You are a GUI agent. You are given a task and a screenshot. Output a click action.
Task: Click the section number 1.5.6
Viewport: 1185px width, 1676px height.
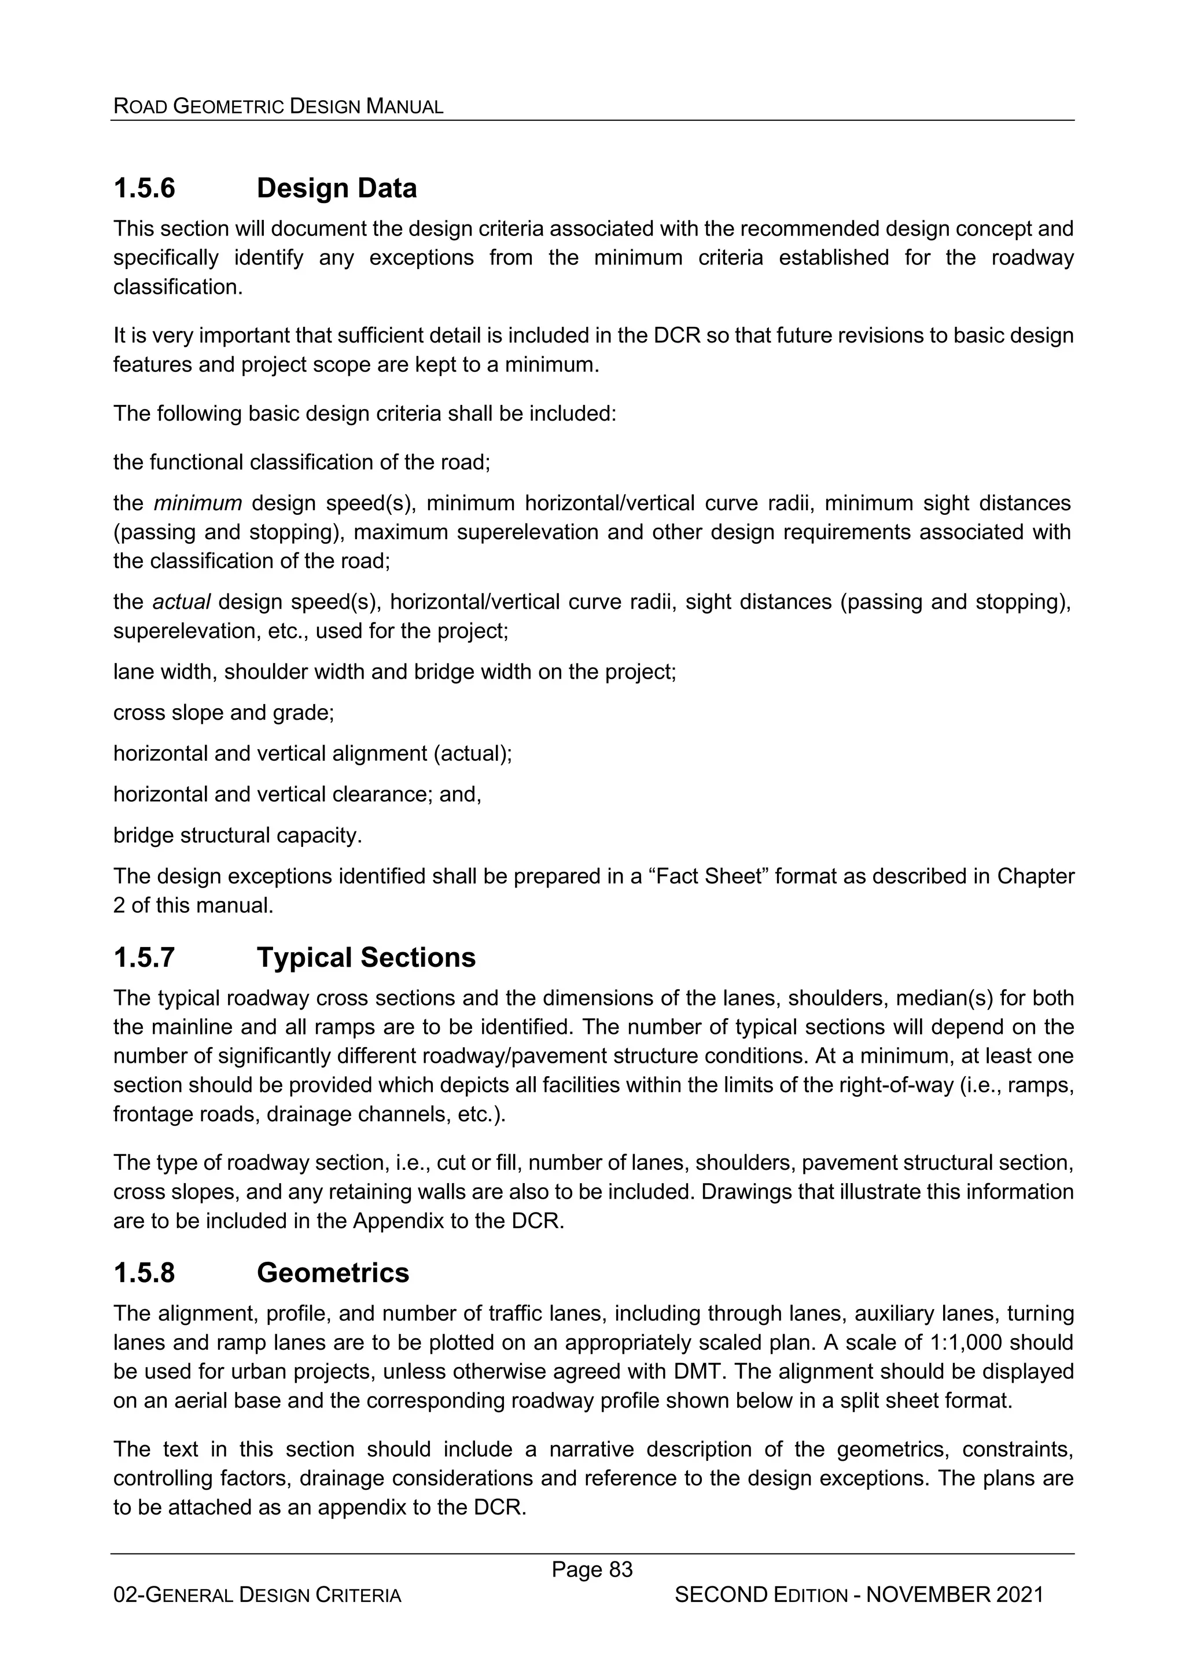(x=145, y=189)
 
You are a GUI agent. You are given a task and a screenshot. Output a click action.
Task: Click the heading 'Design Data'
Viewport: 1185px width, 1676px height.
(x=337, y=189)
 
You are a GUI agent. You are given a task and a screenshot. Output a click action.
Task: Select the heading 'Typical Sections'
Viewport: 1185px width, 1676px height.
(x=366, y=957)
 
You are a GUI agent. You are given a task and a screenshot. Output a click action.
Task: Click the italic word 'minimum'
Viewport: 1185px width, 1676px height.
(x=197, y=503)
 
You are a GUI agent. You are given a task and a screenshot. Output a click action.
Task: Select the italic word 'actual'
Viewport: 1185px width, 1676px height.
(x=181, y=602)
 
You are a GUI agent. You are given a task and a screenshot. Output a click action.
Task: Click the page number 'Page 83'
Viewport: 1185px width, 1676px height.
(x=592, y=1570)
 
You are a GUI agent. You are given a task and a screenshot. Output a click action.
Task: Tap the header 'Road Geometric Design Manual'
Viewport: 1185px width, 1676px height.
(x=278, y=106)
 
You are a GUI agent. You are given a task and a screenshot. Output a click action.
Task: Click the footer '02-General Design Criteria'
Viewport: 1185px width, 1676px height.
(x=257, y=1596)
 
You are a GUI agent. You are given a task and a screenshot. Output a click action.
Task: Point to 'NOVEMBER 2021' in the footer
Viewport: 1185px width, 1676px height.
(x=956, y=1595)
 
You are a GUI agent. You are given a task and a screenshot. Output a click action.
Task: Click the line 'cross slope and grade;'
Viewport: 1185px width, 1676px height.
(x=223, y=712)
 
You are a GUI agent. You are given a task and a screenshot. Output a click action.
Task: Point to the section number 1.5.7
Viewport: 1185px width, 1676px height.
(x=145, y=957)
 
